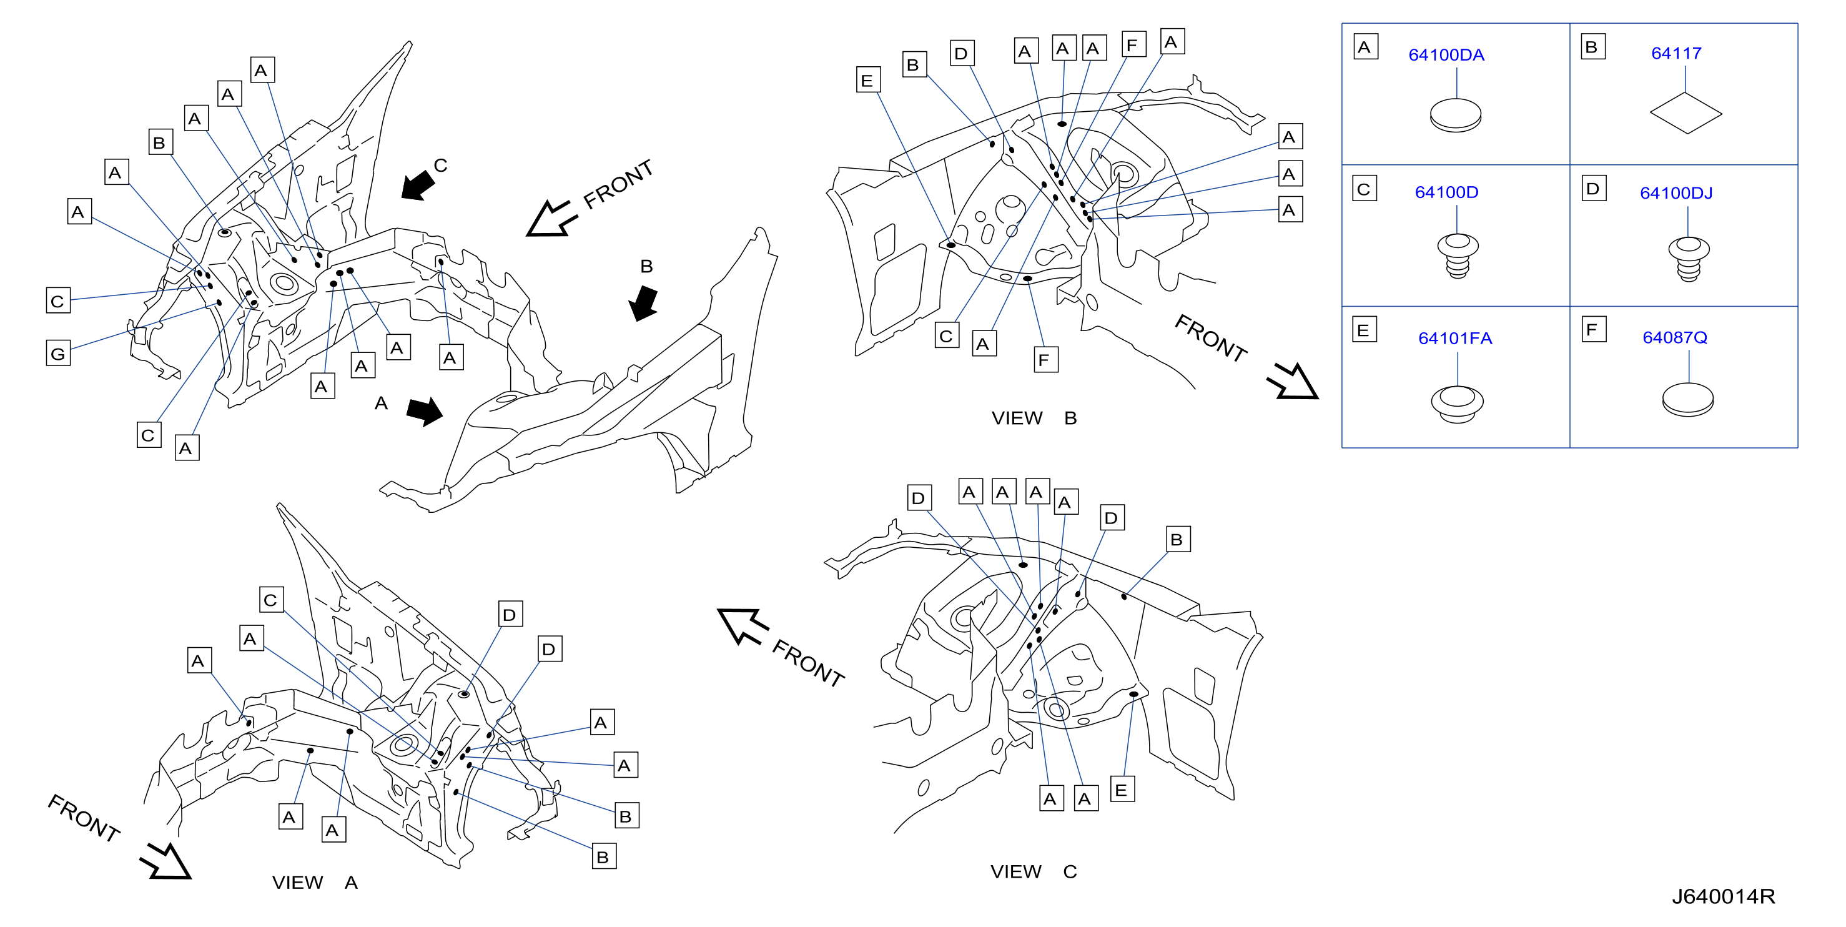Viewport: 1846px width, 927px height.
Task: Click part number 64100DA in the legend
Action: point(1446,55)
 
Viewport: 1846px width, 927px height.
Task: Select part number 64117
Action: point(1676,53)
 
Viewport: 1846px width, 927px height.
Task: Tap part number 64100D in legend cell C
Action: point(1446,192)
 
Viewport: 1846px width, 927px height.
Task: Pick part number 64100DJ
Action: point(1676,193)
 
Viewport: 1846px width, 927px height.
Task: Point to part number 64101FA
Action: point(1454,339)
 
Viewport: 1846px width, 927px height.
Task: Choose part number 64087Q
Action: point(1675,338)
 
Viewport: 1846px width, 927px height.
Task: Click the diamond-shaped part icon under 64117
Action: point(1686,113)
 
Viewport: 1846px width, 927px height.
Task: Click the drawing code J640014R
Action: point(1724,896)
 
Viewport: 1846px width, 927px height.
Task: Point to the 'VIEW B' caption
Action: point(1034,418)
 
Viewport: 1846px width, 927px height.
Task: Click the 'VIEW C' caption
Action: point(1034,872)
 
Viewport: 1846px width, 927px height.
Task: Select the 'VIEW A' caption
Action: point(315,883)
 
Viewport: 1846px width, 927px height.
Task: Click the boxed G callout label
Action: point(58,354)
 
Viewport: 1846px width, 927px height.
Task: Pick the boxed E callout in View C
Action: point(1122,790)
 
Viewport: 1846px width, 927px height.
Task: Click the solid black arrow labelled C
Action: point(418,186)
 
